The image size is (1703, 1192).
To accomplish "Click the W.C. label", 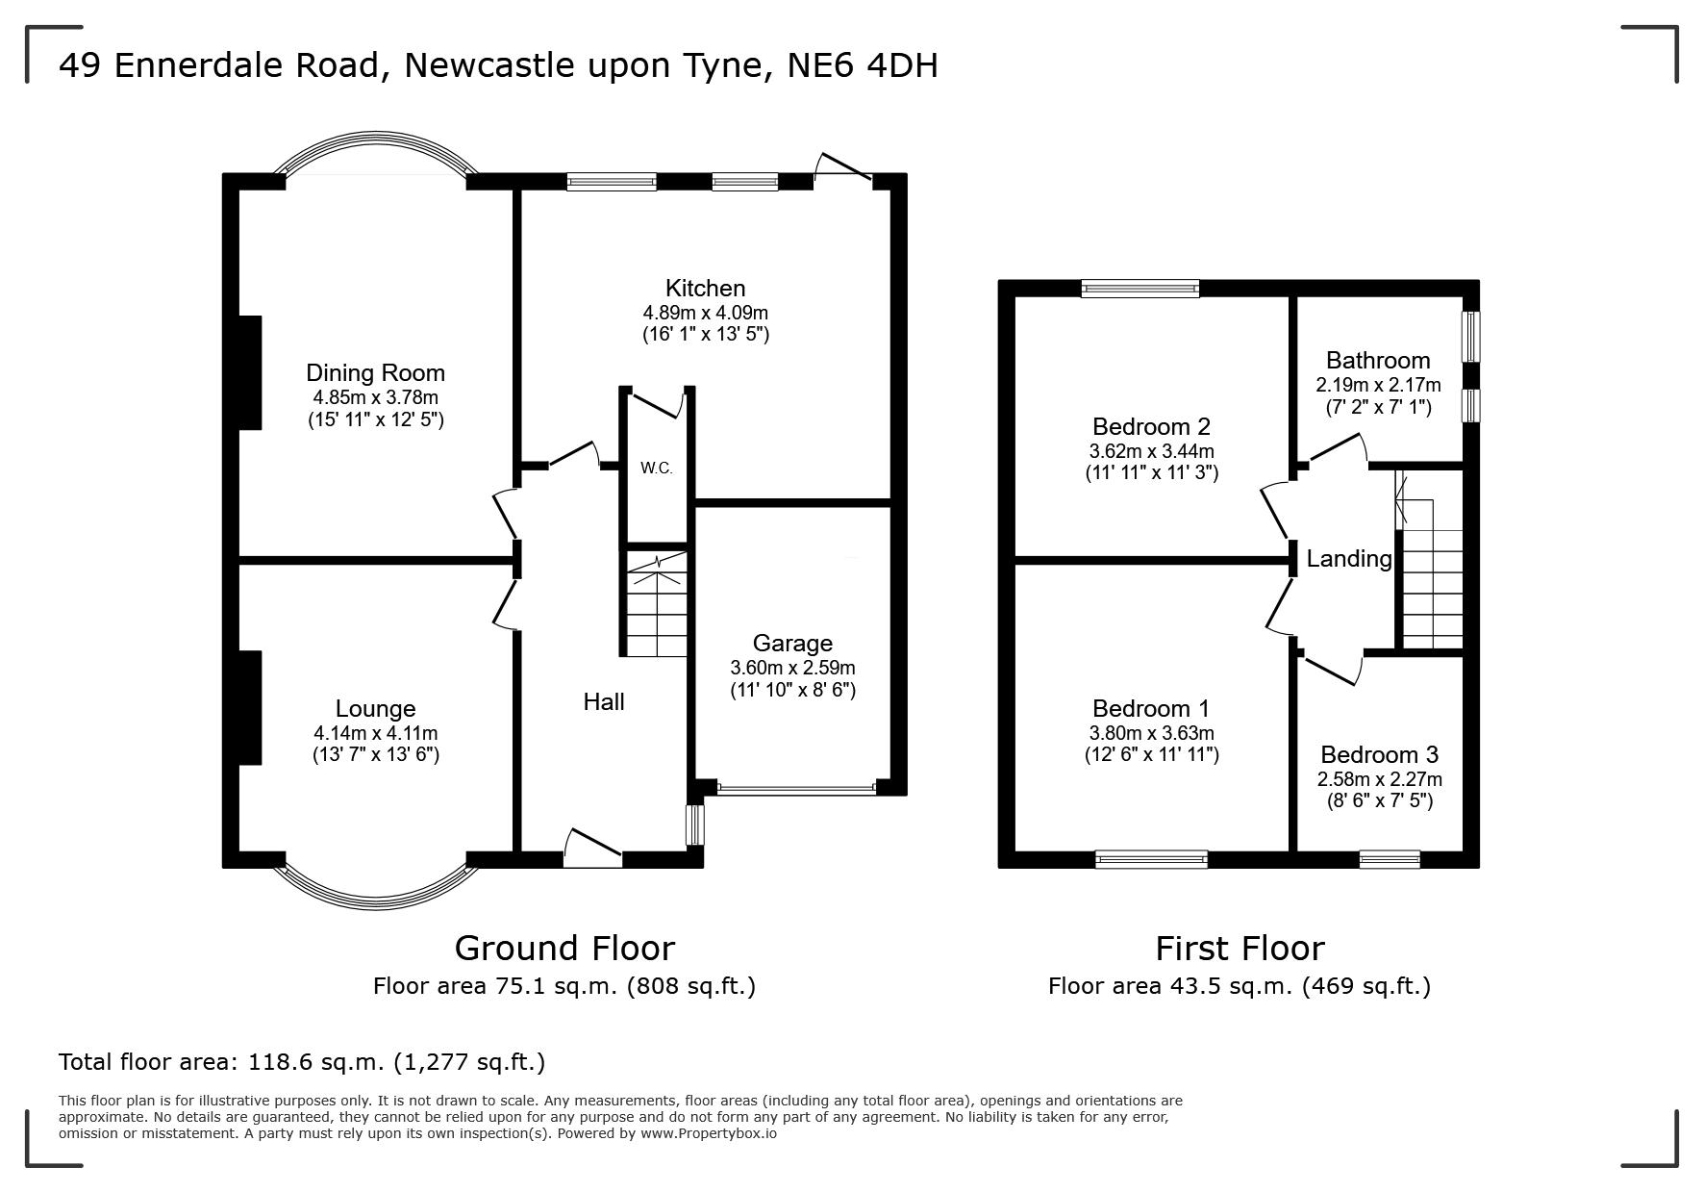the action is click(x=657, y=469).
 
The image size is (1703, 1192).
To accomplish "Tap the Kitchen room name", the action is click(x=706, y=288).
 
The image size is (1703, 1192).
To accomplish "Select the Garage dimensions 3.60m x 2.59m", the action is click(x=792, y=668).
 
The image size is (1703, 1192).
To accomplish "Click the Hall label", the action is click(x=604, y=702).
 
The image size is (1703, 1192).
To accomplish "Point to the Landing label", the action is click(x=1349, y=559).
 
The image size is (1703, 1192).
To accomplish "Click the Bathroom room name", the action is click(x=1378, y=361).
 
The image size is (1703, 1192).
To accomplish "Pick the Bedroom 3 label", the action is click(x=1379, y=755).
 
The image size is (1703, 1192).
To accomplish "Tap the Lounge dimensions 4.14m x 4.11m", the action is click(x=375, y=733).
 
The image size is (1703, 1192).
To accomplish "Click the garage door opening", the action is click(x=796, y=789).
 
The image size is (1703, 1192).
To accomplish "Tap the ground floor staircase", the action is click(x=658, y=603).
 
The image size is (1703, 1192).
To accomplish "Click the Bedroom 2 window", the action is click(x=1140, y=287).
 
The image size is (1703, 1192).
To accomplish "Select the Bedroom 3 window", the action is click(x=1390, y=859).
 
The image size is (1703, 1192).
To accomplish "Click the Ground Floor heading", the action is click(x=564, y=949).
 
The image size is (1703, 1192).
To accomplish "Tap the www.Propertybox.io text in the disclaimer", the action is click(x=709, y=1133).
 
